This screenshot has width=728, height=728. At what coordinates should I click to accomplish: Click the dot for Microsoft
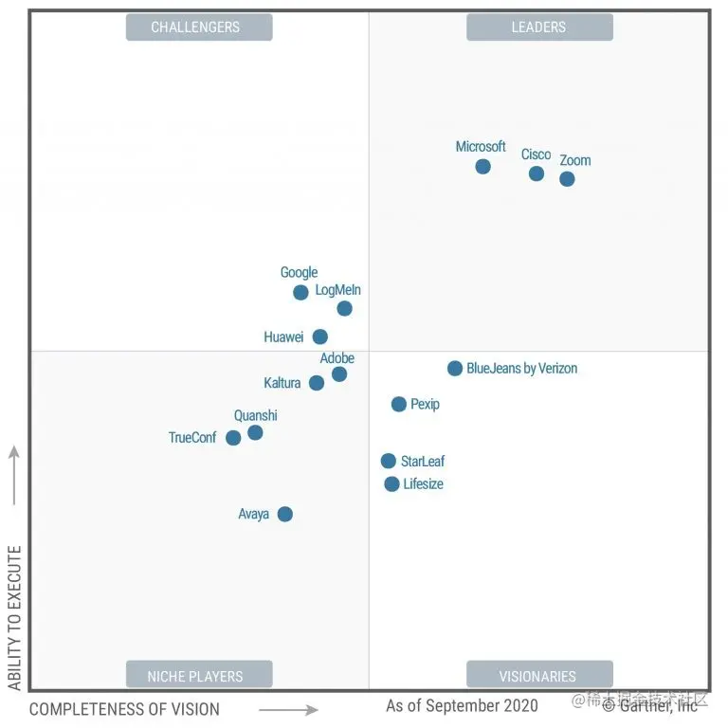pos(482,167)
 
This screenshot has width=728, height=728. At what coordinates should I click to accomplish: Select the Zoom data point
pos(567,178)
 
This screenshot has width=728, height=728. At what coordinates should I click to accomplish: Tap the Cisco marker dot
pos(537,173)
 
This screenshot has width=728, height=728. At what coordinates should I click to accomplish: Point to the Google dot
pos(300,292)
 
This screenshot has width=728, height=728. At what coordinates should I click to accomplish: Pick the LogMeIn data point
pos(344,308)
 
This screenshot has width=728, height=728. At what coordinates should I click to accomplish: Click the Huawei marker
pos(320,337)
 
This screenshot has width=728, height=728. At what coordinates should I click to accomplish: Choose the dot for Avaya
pos(284,514)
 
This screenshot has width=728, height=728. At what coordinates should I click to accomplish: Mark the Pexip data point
pos(399,404)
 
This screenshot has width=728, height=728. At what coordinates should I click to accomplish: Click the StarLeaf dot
pos(389,461)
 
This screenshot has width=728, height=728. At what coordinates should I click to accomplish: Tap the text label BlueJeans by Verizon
pos(521,368)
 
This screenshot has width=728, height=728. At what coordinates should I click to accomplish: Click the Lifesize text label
pos(423,483)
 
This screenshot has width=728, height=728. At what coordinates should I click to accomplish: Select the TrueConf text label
pos(192,438)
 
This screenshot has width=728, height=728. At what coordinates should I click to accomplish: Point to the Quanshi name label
pos(256,415)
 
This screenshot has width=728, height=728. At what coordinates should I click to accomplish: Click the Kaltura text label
pos(282,383)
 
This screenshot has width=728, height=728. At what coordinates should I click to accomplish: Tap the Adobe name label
pos(337,358)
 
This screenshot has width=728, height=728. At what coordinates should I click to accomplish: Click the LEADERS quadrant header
pos(539,27)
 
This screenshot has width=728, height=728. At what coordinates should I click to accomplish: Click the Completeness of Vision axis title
pos(124,709)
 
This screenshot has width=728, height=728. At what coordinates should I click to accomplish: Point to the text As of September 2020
pos(462,705)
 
